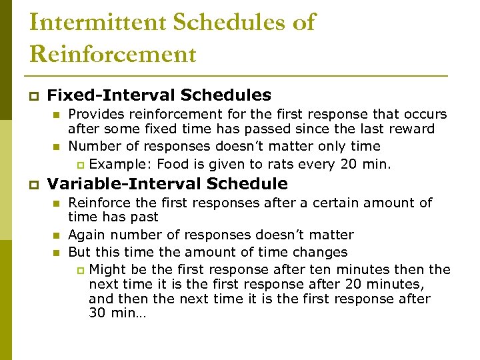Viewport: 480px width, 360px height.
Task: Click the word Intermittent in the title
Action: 97,22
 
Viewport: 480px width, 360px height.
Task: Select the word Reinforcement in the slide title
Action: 113,54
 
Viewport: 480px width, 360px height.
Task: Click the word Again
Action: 85,235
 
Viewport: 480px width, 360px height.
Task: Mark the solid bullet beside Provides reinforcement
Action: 57,115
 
